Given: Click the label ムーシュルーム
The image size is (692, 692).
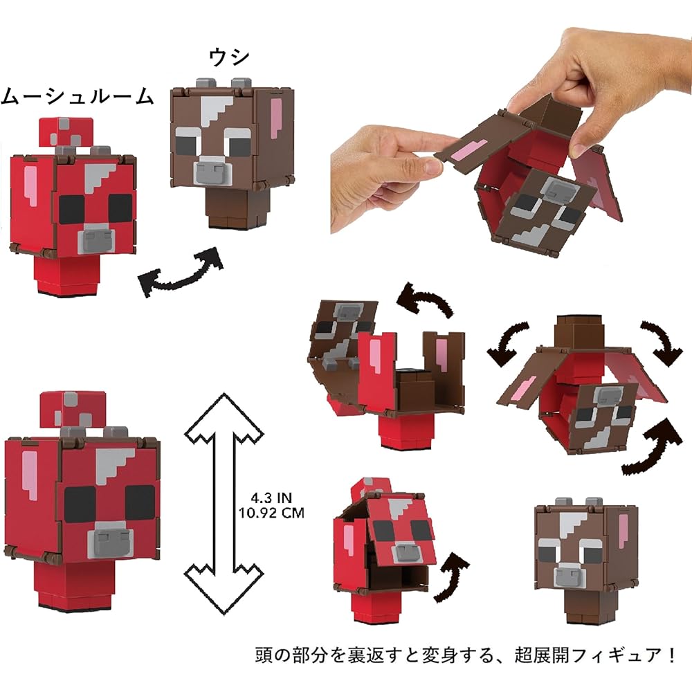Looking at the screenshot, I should [x=76, y=97].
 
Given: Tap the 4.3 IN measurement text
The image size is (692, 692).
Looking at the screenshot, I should [x=271, y=497].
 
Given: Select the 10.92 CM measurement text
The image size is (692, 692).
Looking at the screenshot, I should [x=271, y=513].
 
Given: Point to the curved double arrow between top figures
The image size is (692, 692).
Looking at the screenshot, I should [x=181, y=274].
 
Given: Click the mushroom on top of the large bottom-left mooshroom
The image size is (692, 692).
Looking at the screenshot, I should [x=73, y=408].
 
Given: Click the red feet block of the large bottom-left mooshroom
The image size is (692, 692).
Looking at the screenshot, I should [x=78, y=585].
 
